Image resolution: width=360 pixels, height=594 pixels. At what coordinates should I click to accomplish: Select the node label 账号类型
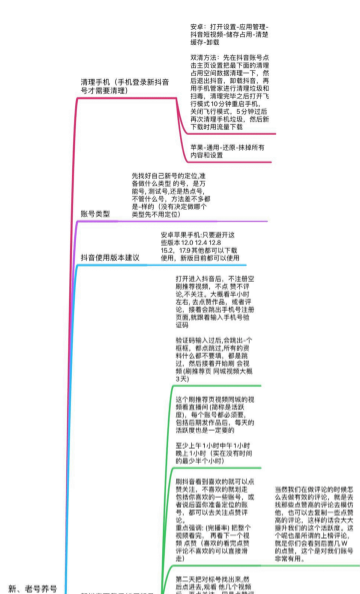95,214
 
